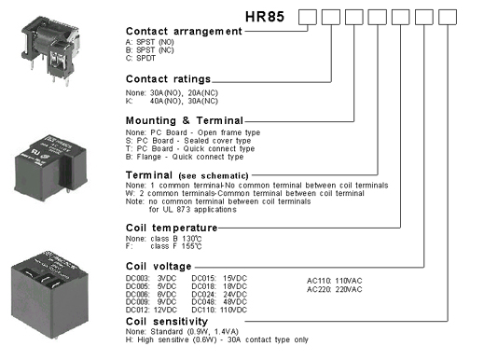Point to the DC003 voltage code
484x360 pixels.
click(137, 280)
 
